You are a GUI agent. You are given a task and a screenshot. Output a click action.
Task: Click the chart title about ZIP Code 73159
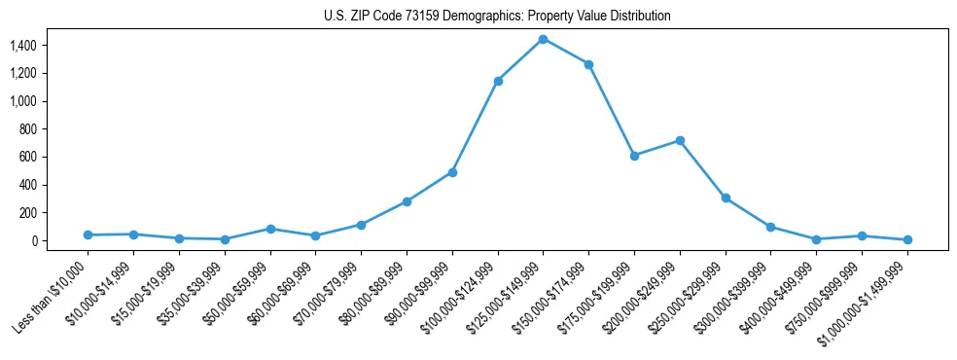pyautogui.click(x=497, y=16)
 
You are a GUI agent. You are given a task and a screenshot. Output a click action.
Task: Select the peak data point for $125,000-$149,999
pyautogui.click(x=543, y=39)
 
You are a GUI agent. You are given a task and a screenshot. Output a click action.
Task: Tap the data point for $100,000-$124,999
pyautogui.click(x=498, y=81)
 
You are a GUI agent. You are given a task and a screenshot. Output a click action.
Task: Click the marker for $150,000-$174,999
pyautogui.click(x=588, y=64)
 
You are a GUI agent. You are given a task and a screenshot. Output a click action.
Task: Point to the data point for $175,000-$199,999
pyautogui.click(x=634, y=156)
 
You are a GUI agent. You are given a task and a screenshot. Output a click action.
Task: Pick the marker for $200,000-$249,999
pyautogui.click(x=680, y=140)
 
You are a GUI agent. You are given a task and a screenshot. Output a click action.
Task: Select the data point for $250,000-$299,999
pyautogui.click(x=726, y=198)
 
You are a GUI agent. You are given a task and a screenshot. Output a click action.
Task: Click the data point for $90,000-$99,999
pyautogui.click(x=452, y=172)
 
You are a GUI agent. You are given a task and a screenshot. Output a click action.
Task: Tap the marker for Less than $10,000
pyautogui.click(x=88, y=234)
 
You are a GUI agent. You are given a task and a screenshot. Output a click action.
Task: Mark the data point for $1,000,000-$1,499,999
pyautogui.click(x=907, y=239)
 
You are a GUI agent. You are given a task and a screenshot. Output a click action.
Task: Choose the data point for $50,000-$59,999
pyautogui.click(x=270, y=229)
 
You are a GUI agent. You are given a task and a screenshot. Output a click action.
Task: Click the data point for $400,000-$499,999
pyautogui.click(x=816, y=239)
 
